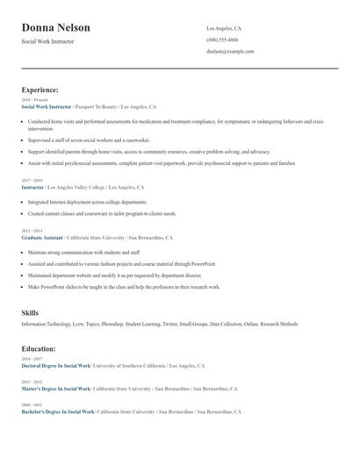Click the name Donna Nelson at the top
tap(55, 28)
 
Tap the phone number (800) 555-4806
tap(222, 39)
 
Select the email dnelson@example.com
tap(230, 51)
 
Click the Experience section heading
tap(40, 89)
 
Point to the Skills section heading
tap(31, 313)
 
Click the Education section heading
tap(39, 348)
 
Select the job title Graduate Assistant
tap(42, 238)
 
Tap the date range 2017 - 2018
tap(31, 180)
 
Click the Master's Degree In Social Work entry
tap(55, 388)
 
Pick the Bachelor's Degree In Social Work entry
tap(57, 411)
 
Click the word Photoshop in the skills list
tap(113, 324)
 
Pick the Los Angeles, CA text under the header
tap(224, 28)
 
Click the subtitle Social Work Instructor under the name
tap(48, 41)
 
